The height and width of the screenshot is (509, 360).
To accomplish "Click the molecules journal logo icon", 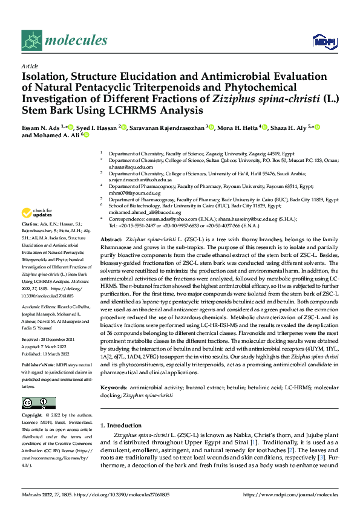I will tap(31, 41).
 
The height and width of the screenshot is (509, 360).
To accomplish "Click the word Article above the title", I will tap(30, 66).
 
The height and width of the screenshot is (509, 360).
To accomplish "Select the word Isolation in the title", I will tap(45, 77).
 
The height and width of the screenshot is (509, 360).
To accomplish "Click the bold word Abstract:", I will tap(111, 223).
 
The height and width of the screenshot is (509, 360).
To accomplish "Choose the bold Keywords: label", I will tap(114, 369).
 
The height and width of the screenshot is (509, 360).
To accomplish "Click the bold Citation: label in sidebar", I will tap(30, 224).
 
